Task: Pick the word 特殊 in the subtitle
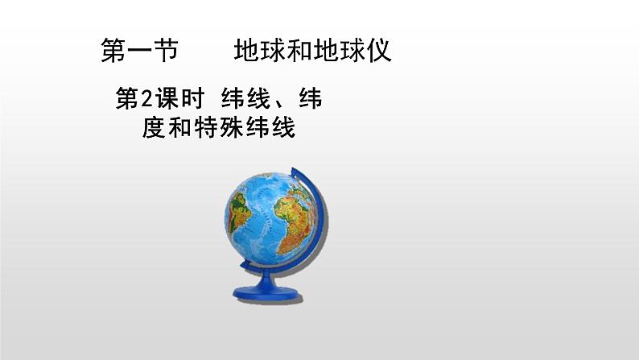click(219, 128)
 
